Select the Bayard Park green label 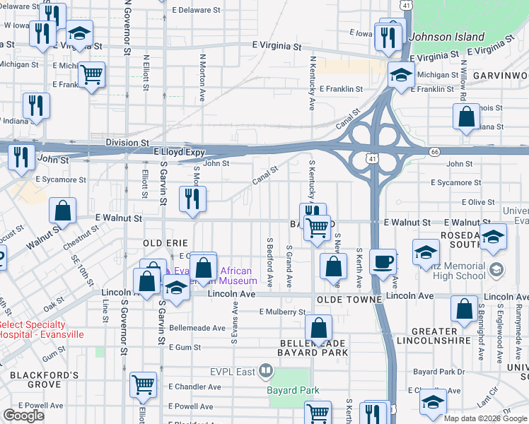point(293,390)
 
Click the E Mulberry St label point(281,312)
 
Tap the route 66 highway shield point(434,151)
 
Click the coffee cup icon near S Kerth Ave point(384,262)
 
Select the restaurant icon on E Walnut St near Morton point(192,199)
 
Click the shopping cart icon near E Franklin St point(91,74)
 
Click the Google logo point(23,416)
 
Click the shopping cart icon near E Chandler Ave point(144,384)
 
